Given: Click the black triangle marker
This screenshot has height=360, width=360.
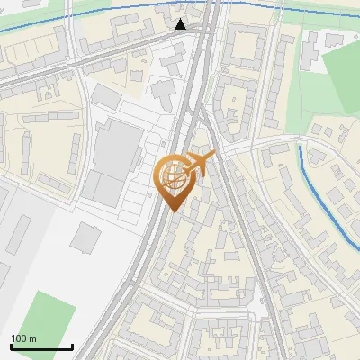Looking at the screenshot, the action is [181, 24].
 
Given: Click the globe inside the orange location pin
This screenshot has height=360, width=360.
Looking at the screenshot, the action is [174, 176].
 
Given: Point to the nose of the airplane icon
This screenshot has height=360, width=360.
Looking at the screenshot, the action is [214, 155].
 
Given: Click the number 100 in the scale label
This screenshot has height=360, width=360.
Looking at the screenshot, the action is [19, 338].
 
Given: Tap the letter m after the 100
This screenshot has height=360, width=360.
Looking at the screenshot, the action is [32, 338].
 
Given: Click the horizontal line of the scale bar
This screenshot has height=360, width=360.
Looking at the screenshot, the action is [41, 346].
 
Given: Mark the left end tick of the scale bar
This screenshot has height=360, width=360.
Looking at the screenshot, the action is [11, 345].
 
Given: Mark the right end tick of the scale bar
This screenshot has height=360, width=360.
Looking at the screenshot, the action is [72, 345].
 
